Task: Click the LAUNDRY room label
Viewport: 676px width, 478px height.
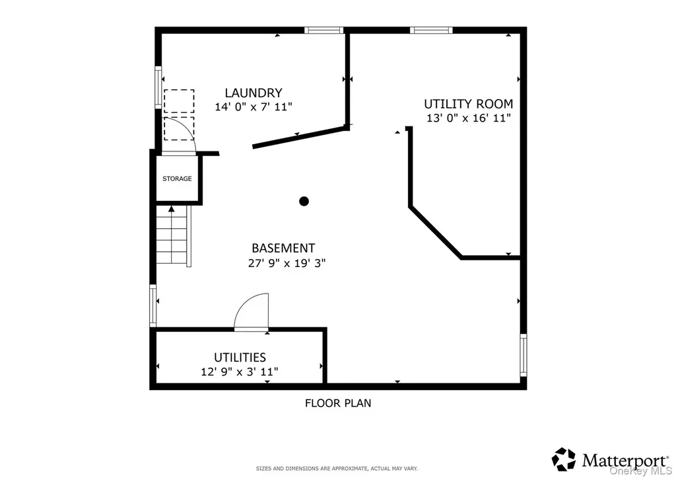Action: (253, 93)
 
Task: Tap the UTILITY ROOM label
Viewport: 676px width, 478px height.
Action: (469, 104)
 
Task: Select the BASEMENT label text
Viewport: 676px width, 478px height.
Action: (283, 249)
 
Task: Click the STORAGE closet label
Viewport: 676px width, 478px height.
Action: (177, 179)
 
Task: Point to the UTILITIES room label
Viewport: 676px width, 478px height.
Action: (240, 358)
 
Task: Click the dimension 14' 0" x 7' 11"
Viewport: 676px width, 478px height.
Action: (253, 106)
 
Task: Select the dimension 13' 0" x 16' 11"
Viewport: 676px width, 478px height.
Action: (469, 118)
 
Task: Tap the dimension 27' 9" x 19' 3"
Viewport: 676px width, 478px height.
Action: (287, 263)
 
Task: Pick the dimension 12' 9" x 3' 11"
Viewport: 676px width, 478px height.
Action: (240, 372)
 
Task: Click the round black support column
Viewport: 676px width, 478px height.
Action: (304, 201)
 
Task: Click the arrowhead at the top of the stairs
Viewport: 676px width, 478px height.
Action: (172, 208)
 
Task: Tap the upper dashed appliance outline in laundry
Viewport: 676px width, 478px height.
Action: (179, 101)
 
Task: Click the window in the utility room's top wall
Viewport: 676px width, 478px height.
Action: (431, 30)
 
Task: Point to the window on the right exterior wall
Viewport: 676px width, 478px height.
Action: (524, 355)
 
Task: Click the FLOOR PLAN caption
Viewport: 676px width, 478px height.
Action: (338, 403)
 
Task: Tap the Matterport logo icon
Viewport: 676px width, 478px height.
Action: (564, 459)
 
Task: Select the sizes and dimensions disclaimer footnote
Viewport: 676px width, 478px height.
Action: (337, 469)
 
